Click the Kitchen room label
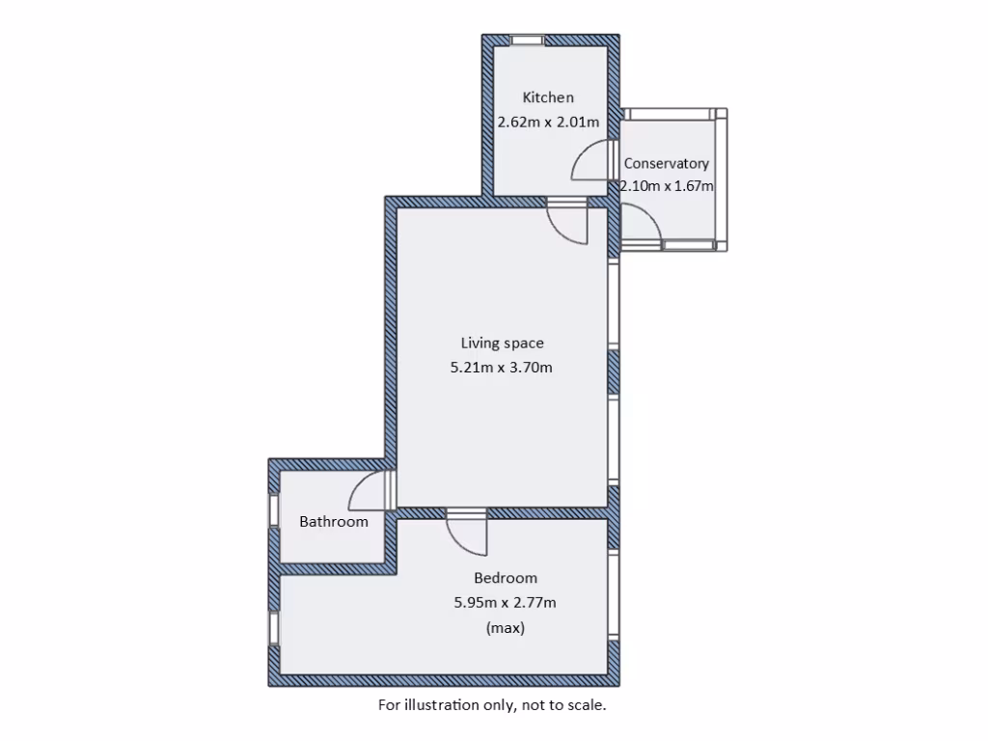click(x=548, y=97)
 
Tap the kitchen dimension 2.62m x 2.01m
click(x=548, y=123)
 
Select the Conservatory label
click(x=666, y=164)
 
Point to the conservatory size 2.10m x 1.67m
click(x=667, y=186)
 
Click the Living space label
click(x=502, y=343)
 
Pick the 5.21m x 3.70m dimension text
click(x=502, y=368)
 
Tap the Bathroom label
click(x=334, y=522)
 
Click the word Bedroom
click(x=506, y=578)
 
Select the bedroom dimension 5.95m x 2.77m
click(x=506, y=603)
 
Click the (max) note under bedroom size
click(x=506, y=628)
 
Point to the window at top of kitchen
click(x=527, y=41)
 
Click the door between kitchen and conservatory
click(x=591, y=162)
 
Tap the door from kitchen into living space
click(x=568, y=224)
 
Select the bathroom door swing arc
click(x=367, y=490)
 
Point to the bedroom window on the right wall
click(x=614, y=592)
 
